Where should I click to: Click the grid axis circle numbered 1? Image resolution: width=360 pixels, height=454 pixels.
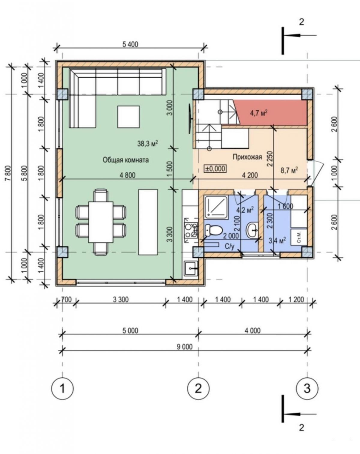(62, 388)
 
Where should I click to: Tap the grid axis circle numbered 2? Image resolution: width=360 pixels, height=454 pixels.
(198, 388)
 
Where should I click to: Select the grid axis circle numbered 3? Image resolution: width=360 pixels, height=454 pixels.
(307, 388)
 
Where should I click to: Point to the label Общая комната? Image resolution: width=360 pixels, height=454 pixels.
(126, 160)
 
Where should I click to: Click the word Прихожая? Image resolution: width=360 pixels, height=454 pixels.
(247, 157)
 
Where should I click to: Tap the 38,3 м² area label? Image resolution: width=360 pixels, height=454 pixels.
(148, 144)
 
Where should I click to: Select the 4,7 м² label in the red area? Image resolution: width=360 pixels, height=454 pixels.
(259, 113)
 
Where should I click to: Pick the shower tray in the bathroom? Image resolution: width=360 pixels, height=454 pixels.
(216, 207)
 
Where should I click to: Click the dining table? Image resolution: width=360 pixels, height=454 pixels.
(101, 222)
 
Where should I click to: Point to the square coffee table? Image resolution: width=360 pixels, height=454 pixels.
(129, 117)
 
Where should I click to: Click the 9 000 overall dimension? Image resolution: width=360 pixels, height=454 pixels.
(185, 347)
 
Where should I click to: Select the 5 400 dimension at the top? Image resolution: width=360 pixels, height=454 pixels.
(130, 44)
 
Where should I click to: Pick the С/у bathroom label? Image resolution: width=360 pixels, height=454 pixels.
(229, 246)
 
